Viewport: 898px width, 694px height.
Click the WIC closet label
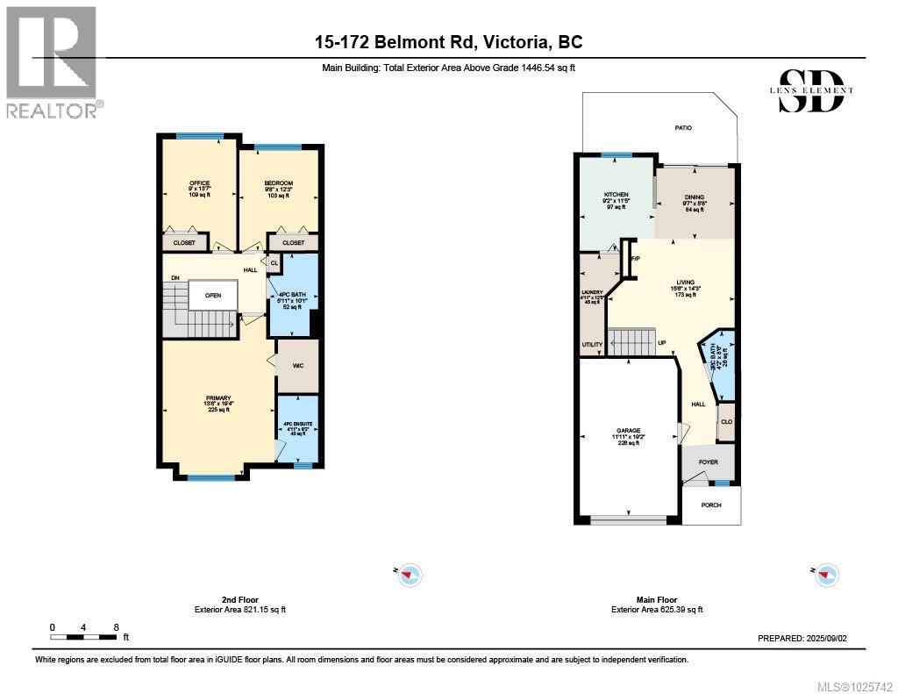[x=297, y=365]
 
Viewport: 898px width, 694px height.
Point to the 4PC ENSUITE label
[x=298, y=426]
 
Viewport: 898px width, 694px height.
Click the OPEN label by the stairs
[x=213, y=296]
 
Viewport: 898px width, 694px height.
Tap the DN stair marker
[x=175, y=278]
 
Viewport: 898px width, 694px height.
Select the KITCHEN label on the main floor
[x=616, y=195]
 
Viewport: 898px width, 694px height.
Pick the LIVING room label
[x=685, y=283]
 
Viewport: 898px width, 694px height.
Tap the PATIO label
[x=683, y=128]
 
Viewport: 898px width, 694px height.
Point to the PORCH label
[x=711, y=505]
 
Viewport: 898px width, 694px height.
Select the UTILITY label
[x=593, y=345]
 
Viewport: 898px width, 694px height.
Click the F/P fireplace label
[x=635, y=258]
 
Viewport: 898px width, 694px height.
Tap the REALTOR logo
[x=52, y=61]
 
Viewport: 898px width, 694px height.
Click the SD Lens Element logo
[x=816, y=90]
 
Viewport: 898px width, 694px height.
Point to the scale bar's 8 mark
[x=116, y=627]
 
